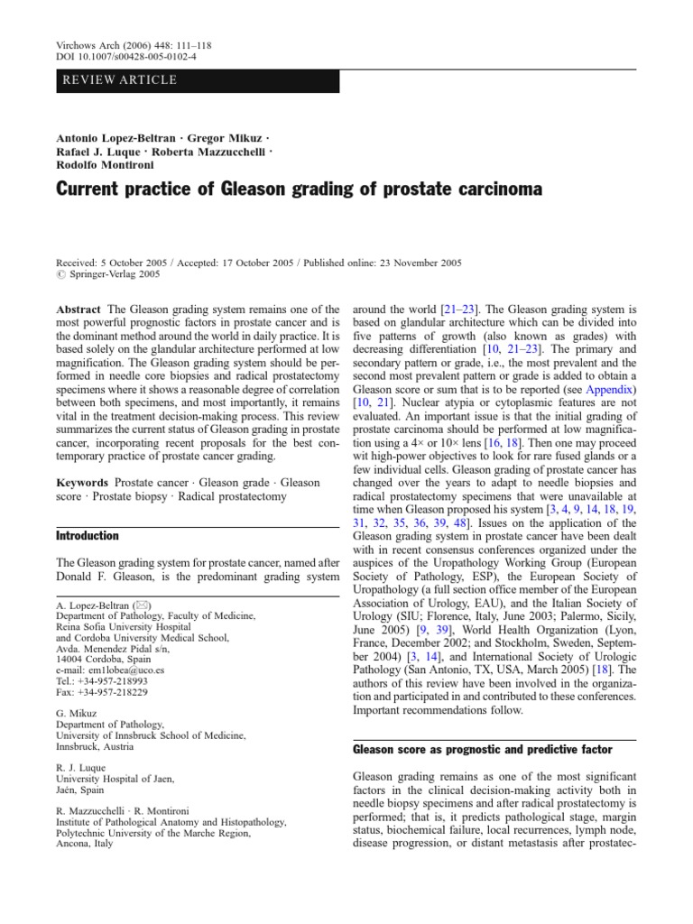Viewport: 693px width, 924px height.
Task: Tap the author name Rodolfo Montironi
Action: point(107,165)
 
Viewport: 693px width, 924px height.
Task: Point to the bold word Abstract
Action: point(79,309)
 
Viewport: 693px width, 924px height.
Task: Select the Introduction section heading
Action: point(88,535)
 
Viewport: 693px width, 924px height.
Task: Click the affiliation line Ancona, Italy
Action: point(85,844)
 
